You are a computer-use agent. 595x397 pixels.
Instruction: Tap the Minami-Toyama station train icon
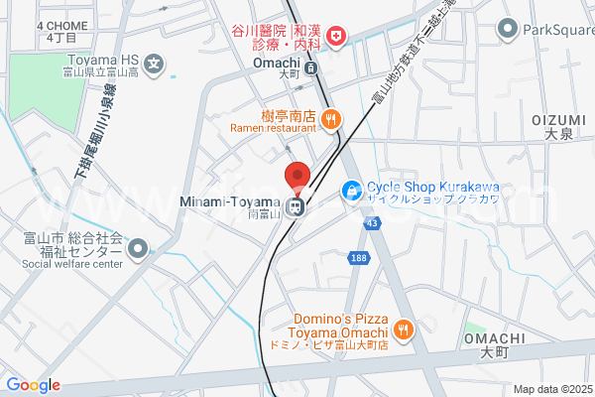click(295, 206)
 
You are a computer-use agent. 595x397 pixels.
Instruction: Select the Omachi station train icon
click(310, 68)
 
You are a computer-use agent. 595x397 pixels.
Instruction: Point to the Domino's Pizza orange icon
click(403, 329)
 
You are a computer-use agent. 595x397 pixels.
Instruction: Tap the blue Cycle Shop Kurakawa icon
click(351, 190)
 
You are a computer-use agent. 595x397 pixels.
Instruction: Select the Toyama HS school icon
click(154, 66)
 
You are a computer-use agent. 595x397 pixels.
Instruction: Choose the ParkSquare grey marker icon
click(510, 28)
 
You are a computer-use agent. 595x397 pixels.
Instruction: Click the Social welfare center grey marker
click(137, 248)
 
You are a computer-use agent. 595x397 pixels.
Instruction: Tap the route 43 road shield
click(371, 225)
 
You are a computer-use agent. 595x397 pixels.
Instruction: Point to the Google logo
click(33, 385)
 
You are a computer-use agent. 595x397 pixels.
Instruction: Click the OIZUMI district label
click(552, 119)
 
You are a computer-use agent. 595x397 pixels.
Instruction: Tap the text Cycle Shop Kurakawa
click(432, 186)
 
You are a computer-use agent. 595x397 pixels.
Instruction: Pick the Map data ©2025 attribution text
click(550, 389)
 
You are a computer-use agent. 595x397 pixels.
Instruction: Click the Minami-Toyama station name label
click(229, 202)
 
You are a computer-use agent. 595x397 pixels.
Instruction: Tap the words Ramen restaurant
click(272, 128)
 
